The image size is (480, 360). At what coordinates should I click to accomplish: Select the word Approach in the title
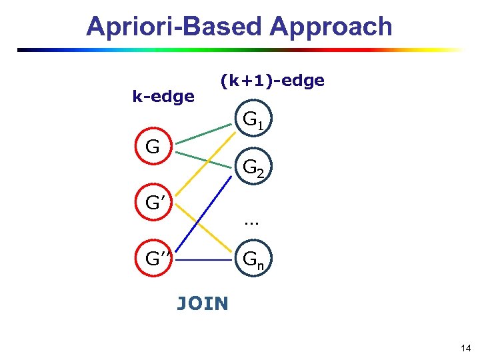click(331, 27)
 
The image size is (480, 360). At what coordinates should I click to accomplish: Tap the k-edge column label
click(163, 97)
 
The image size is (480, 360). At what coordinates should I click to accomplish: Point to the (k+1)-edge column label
click(272, 81)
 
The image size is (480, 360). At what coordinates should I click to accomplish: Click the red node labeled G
click(153, 147)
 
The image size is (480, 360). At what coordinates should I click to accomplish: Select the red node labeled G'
click(153, 202)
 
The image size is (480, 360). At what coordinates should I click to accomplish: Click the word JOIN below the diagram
click(202, 304)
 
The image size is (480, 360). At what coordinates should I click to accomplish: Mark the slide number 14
click(465, 348)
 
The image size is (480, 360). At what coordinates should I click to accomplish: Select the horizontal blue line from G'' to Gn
click(203, 259)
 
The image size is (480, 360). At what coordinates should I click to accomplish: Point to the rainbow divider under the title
click(240, 50)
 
